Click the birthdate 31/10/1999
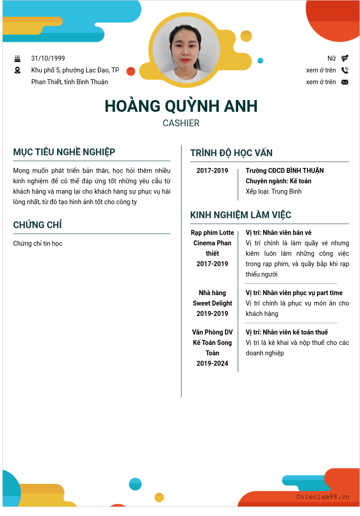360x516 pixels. coord(48,58)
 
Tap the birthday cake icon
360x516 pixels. coord(18,58)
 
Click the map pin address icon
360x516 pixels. coord(18,70)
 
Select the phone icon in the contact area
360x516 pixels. coord(345,70)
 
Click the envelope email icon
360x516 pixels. coord(345,82)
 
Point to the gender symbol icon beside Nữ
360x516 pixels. coord(345,58)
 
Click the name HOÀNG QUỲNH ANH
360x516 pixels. coord(181,106)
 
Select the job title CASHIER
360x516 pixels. coord(181,123)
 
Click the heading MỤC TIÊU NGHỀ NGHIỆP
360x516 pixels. coord(64,152)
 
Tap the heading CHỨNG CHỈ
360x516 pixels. coord(38,225)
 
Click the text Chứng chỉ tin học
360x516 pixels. coord(38,244)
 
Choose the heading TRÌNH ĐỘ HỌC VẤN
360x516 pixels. coord(231,153)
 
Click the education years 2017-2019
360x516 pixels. coord(212,171)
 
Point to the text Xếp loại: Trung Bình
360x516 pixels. coord(274,191)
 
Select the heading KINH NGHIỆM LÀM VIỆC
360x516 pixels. coord(240,215)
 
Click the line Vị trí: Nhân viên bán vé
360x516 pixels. coord(278,233)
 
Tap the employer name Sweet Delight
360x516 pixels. coord(212,303)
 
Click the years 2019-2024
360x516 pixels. coord(212,363)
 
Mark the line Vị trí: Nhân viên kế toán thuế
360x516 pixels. coord(287,332)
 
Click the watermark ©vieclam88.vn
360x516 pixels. coord(323,497)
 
